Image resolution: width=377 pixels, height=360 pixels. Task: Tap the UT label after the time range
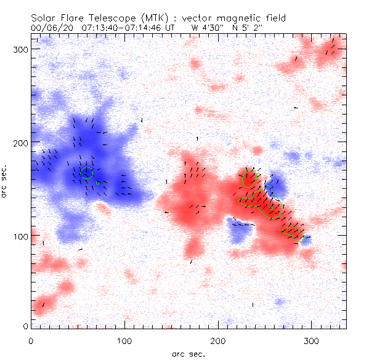pyautogui.click(x=167, y=28)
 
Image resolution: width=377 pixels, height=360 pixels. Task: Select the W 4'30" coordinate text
pyautogui.click(x=204, y=28)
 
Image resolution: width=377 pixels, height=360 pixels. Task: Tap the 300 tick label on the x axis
pyautogui.click(x=312, y=340)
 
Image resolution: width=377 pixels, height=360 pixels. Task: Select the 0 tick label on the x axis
pyautogui.click(x=31, y=340)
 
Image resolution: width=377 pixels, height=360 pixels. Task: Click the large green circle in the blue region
pyautogui.click(x=87, y=172)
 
